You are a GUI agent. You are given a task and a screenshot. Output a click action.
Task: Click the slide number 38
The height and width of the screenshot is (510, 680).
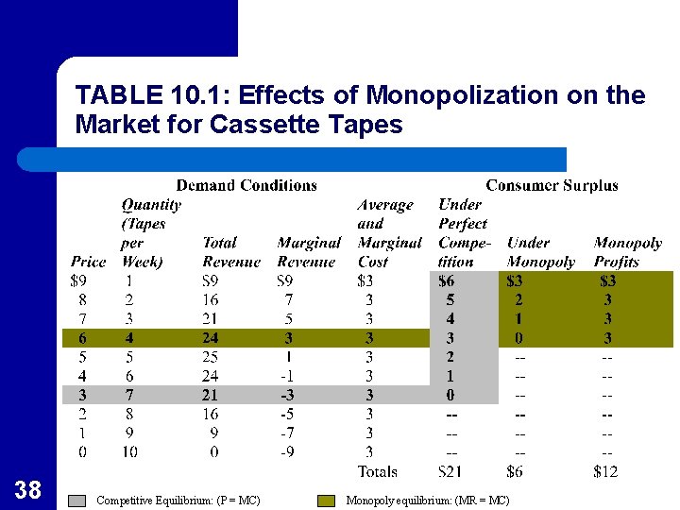tap(28, 489)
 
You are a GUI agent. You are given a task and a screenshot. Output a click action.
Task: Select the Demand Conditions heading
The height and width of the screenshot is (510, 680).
tap(246, 185)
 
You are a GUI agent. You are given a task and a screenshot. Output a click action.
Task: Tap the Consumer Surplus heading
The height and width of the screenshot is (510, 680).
tap(552, 185)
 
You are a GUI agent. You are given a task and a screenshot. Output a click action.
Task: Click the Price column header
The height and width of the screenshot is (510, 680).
tap(88, 262)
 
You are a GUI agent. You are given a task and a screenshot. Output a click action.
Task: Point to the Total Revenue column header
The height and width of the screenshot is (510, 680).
tap(231, 252)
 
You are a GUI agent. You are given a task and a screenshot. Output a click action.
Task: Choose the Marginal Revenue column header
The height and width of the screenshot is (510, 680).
tap(308, 252)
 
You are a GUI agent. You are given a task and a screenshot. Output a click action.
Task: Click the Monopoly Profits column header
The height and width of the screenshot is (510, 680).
tap(627, 252)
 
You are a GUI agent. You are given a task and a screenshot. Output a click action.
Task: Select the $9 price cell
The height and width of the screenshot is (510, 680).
tap(82, 280)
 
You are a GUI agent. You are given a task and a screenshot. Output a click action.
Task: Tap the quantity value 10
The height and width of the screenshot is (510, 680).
tap(128, 452)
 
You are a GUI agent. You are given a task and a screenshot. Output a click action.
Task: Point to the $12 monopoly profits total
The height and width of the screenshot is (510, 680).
tap(605, 471)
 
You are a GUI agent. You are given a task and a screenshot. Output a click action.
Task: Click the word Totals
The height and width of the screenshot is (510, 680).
tap(377, 471)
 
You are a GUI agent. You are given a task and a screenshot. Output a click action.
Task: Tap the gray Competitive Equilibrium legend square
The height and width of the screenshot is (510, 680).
tap(79, 501)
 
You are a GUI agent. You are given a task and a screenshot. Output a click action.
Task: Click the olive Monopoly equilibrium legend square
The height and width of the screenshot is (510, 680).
tap(326, 501)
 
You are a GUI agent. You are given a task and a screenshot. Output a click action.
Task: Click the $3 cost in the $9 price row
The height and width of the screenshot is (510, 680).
tap(368, 280)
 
